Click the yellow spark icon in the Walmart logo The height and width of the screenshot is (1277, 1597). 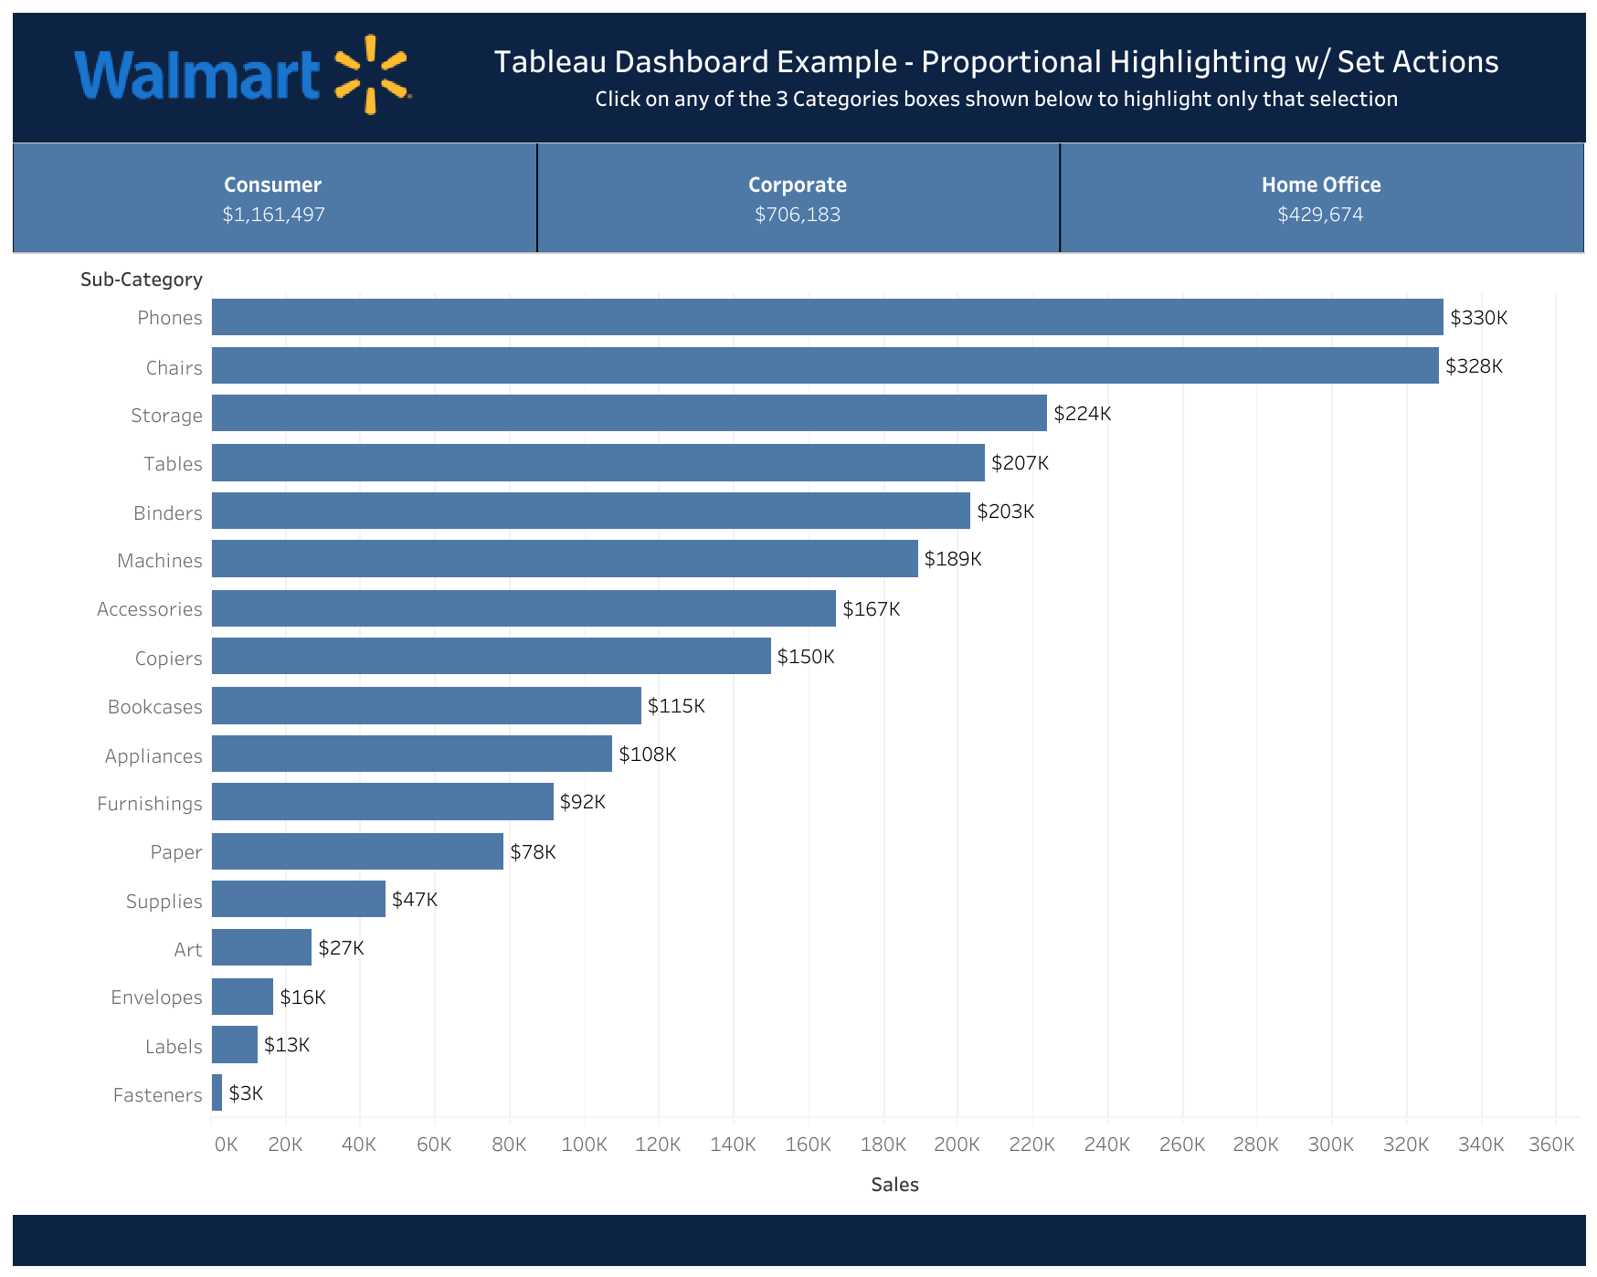pos(371,74)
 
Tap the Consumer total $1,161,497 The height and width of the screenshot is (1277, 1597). pos(273,215)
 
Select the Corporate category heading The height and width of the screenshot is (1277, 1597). pos(797,185)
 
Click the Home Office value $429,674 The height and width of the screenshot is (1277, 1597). pos(1320,215)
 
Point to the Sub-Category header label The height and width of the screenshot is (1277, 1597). pos(142,280)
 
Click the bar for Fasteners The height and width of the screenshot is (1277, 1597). pos(217,1093)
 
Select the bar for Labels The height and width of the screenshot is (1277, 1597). pos(235,1045)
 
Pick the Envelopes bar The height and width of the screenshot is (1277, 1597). pos(242,997)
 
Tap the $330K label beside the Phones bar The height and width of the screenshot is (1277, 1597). pos(1478,318)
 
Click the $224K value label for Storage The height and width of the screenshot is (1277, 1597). pos(1082,414)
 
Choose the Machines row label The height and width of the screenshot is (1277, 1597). pos(160,561)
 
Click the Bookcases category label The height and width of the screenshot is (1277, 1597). pos(155,707)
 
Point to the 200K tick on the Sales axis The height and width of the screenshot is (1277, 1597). pos(957,1145)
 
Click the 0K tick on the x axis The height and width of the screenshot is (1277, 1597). pos(226,1145)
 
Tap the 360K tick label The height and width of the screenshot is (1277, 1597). pos(1551,1145)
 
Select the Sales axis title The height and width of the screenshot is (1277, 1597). pos(894,1185)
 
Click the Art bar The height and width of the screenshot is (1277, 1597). pos(261,948)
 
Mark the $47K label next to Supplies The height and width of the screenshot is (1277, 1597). pos(415,900)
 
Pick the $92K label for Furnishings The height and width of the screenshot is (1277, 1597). pos(582,802)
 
